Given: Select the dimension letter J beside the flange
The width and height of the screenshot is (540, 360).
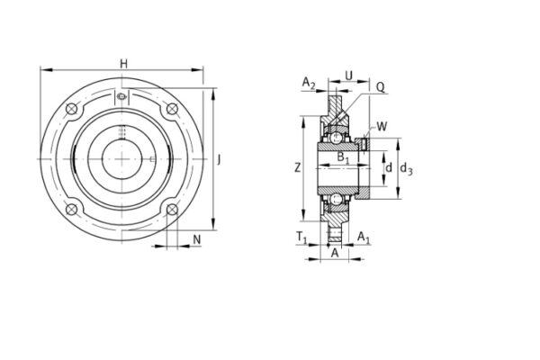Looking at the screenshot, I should point(220,159).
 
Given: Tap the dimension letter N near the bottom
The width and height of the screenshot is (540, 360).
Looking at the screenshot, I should point(197,238).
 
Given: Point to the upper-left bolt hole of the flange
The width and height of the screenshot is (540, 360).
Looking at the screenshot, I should point(72,111).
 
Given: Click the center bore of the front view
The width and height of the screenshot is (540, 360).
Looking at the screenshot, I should point(122,160).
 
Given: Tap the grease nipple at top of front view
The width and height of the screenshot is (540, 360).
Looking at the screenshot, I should point(122,96).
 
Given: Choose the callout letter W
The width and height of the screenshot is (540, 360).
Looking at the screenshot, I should point(382,126).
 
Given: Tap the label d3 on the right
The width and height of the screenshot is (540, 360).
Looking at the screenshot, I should point(407,167).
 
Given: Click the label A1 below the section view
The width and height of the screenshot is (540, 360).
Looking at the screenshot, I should point(363,237).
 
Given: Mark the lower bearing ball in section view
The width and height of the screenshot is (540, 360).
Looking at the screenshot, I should point(335,197).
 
